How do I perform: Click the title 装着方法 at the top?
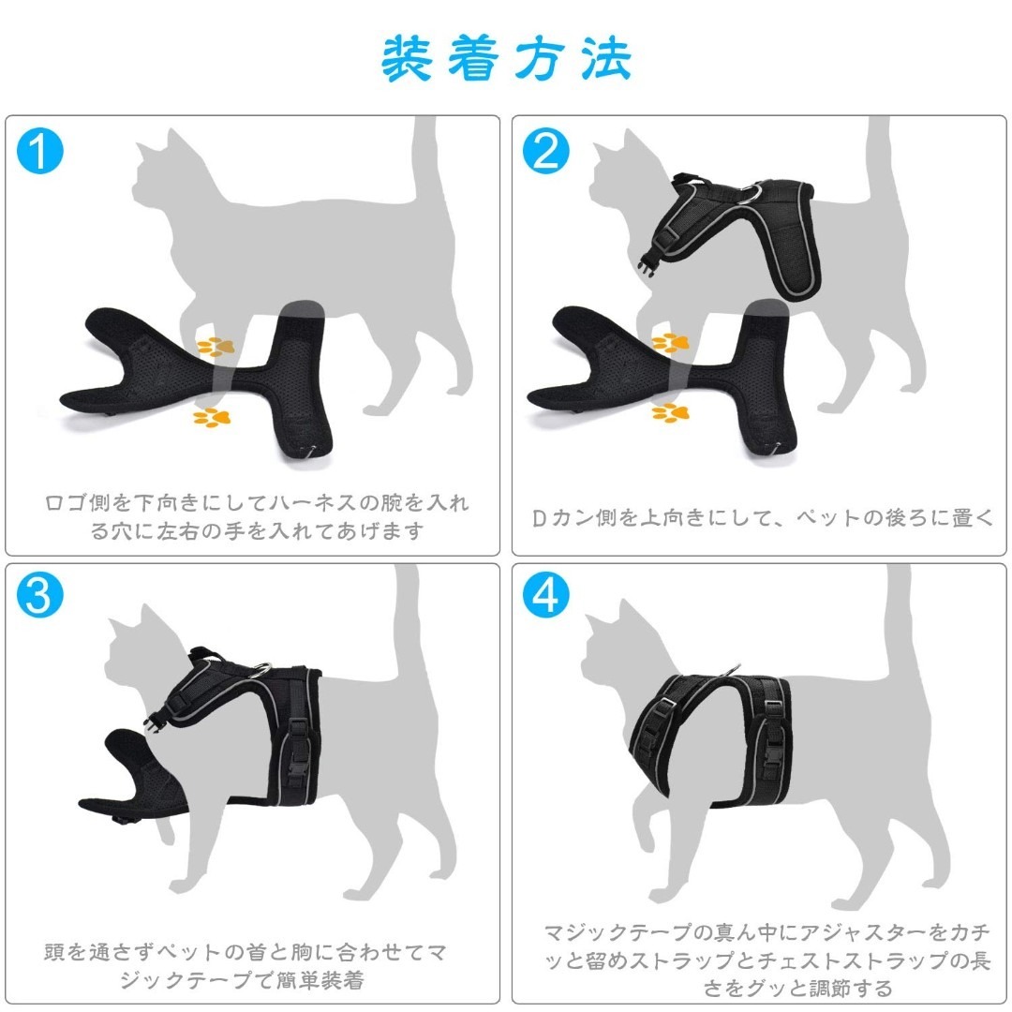(506, 58)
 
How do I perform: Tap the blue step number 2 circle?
(545, 151)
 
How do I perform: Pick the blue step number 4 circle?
(545, 597)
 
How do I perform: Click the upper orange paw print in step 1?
(215, 347)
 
